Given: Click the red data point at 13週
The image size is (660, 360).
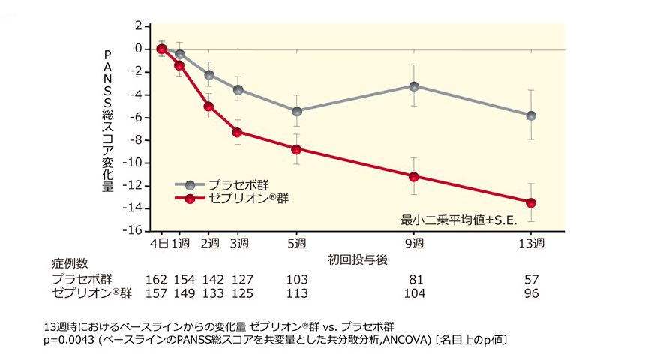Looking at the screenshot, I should [531, 202].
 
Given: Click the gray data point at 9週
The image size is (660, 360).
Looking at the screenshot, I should [414, 85].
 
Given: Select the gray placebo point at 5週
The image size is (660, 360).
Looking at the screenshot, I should [297, 111].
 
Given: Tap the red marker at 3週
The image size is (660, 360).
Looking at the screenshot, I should [238, 132].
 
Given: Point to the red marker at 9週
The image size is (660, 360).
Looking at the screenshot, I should [414, 176].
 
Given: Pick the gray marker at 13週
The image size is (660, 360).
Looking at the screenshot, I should [531, 115].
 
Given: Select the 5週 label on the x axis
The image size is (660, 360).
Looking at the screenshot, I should [297, 244].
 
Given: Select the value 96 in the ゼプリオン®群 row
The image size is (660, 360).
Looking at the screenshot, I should [531, 292].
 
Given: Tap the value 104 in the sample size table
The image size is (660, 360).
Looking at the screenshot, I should [414, 292].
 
